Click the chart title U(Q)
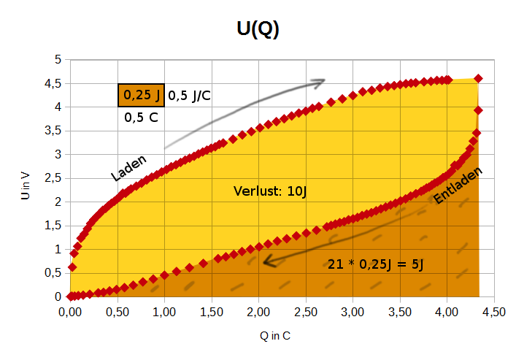(x=258, y=28)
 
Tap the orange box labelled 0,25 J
(x=142, y=95)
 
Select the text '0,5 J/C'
(x=190, y=95)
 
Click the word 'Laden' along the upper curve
(x=129, y=168)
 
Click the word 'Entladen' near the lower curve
(x=458, y=186)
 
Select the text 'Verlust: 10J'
(x=269, y=192)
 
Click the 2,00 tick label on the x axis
(x=258, y=312)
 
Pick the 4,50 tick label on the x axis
(x=494, y=312)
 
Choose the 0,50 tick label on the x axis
(x=117, y=312)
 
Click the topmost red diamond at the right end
(x=479, y=78)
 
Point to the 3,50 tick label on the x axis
(x=400, y=312)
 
